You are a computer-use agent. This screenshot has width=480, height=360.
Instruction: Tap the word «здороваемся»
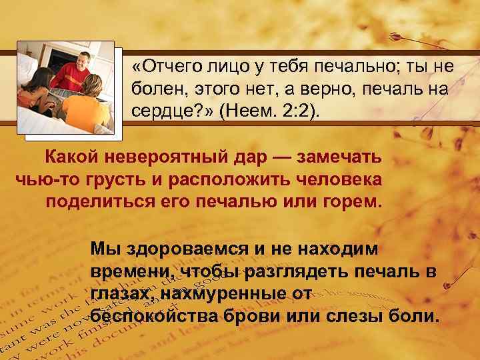click(x=178, y=249)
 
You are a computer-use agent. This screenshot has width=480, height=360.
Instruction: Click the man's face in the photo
click(x=81, y=61)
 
